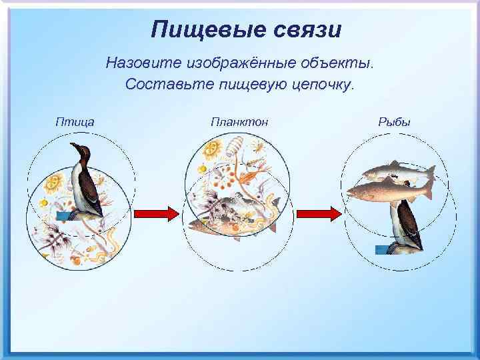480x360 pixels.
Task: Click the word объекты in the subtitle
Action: click(x=339, y=64)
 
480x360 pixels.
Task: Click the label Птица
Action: click(x=75, y=121)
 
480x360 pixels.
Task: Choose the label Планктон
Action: click(x=239, y=121)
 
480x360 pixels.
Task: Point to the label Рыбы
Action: click(x=394, y=121)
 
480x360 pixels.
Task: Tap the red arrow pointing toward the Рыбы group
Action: click(x=317, y=213)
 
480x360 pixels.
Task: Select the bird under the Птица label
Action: click(x=87, y=183)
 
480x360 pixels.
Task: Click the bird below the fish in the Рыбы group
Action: click(x=405, y=227)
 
